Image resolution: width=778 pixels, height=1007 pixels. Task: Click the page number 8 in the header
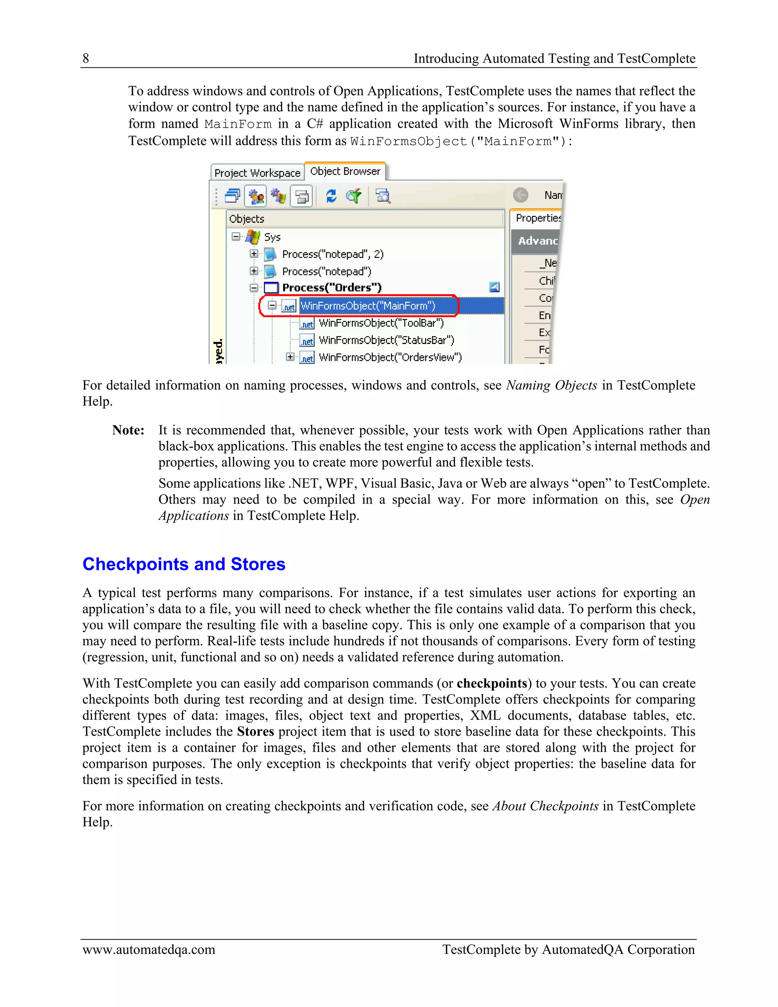pos(86,59)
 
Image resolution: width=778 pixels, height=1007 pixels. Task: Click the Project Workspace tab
pos(257,173)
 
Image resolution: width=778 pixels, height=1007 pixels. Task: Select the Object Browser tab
pos(345,171)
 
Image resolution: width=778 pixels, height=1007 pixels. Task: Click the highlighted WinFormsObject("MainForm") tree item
pos(367,306)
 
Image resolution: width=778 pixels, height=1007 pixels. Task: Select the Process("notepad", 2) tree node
pos(332,254)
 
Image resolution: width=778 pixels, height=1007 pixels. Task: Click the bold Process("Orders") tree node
pos(331,288)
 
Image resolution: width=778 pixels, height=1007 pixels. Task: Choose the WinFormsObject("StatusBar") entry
pos(386,340)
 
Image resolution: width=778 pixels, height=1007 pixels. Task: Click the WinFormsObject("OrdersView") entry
pos(390,357)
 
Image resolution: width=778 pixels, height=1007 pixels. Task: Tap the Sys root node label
pos(272,237)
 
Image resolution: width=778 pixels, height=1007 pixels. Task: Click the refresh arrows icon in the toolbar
pos(331,196)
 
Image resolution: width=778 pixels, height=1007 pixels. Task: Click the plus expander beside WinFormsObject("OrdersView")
pos(290,357)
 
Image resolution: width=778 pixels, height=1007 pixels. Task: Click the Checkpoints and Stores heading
pos(184,564)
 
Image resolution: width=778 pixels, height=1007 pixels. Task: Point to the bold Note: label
pos(128,430)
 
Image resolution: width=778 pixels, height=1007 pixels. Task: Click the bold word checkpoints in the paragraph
pos(492,683)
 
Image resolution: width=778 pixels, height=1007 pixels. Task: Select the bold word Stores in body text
pos(255,732)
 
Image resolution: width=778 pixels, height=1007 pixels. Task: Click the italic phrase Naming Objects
pos(551,385)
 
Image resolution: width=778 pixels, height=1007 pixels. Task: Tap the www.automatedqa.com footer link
pos(149,950)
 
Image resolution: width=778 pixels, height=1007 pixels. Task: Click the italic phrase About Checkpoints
pos(545,806)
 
